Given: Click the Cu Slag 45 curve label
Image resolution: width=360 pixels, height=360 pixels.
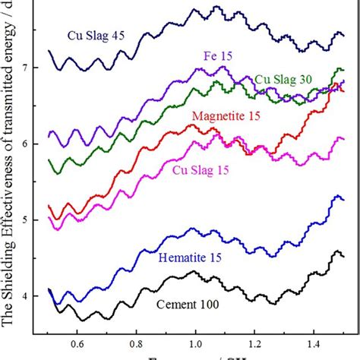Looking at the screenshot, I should coord(93,35).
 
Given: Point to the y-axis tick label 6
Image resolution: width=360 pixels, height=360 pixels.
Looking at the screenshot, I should coord(29,144).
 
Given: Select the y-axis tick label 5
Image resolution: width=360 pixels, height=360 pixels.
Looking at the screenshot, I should coord(29,220).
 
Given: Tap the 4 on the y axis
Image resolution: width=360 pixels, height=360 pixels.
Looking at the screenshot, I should coord(29,296).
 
